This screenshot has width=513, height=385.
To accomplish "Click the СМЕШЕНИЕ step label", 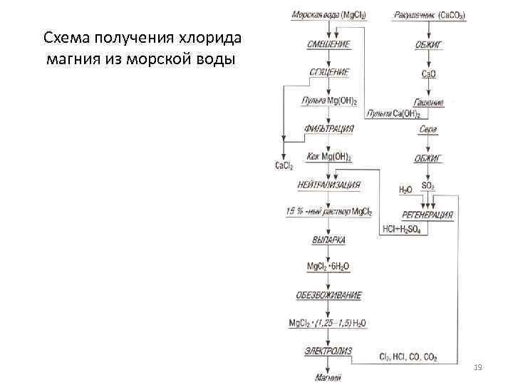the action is pyautogui.click(x=328, y=44).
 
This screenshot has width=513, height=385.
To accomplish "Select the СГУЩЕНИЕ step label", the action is pyautogui.click(x=328, y=72).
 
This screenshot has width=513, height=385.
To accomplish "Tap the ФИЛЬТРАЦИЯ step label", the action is pyautogui.click(x=328, y=128).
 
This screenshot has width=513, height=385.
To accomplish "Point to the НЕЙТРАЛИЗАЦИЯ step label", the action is pyautogui.click(x=328, y=185).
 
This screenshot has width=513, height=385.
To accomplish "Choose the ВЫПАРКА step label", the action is pyautogui.click(x=328, y=240).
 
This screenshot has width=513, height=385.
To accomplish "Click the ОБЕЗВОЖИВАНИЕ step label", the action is pyautogui.click(x=328, y=294).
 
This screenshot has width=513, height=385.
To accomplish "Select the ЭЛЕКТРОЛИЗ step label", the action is pyautogui.click(x=328, y=351).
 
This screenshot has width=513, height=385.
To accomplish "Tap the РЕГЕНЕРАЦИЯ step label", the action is pyautogui.click(x=427, y=214).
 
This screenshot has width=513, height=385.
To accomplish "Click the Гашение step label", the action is pyautogui.click(x=428, y=102).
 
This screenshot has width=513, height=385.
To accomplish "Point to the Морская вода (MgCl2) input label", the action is pyautogui.click(x=328, y=15).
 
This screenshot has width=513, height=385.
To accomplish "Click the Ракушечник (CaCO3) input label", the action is pyautogui.click(x=427, y=15).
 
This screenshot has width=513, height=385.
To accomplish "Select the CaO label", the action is pyautogui.click(x=428, y=73).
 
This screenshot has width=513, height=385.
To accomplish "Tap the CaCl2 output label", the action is pyautogui.click(x=284, y=166).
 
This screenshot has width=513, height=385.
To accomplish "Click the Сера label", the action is pyautogui.click(x=428, y=130).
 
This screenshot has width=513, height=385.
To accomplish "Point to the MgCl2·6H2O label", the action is pyautogui.click(x=328, y=267).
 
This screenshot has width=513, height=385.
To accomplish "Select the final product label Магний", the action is pyautogui.click(x=328, y=376).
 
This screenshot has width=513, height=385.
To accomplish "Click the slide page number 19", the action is pyautogui.click(x=478, y=367).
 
